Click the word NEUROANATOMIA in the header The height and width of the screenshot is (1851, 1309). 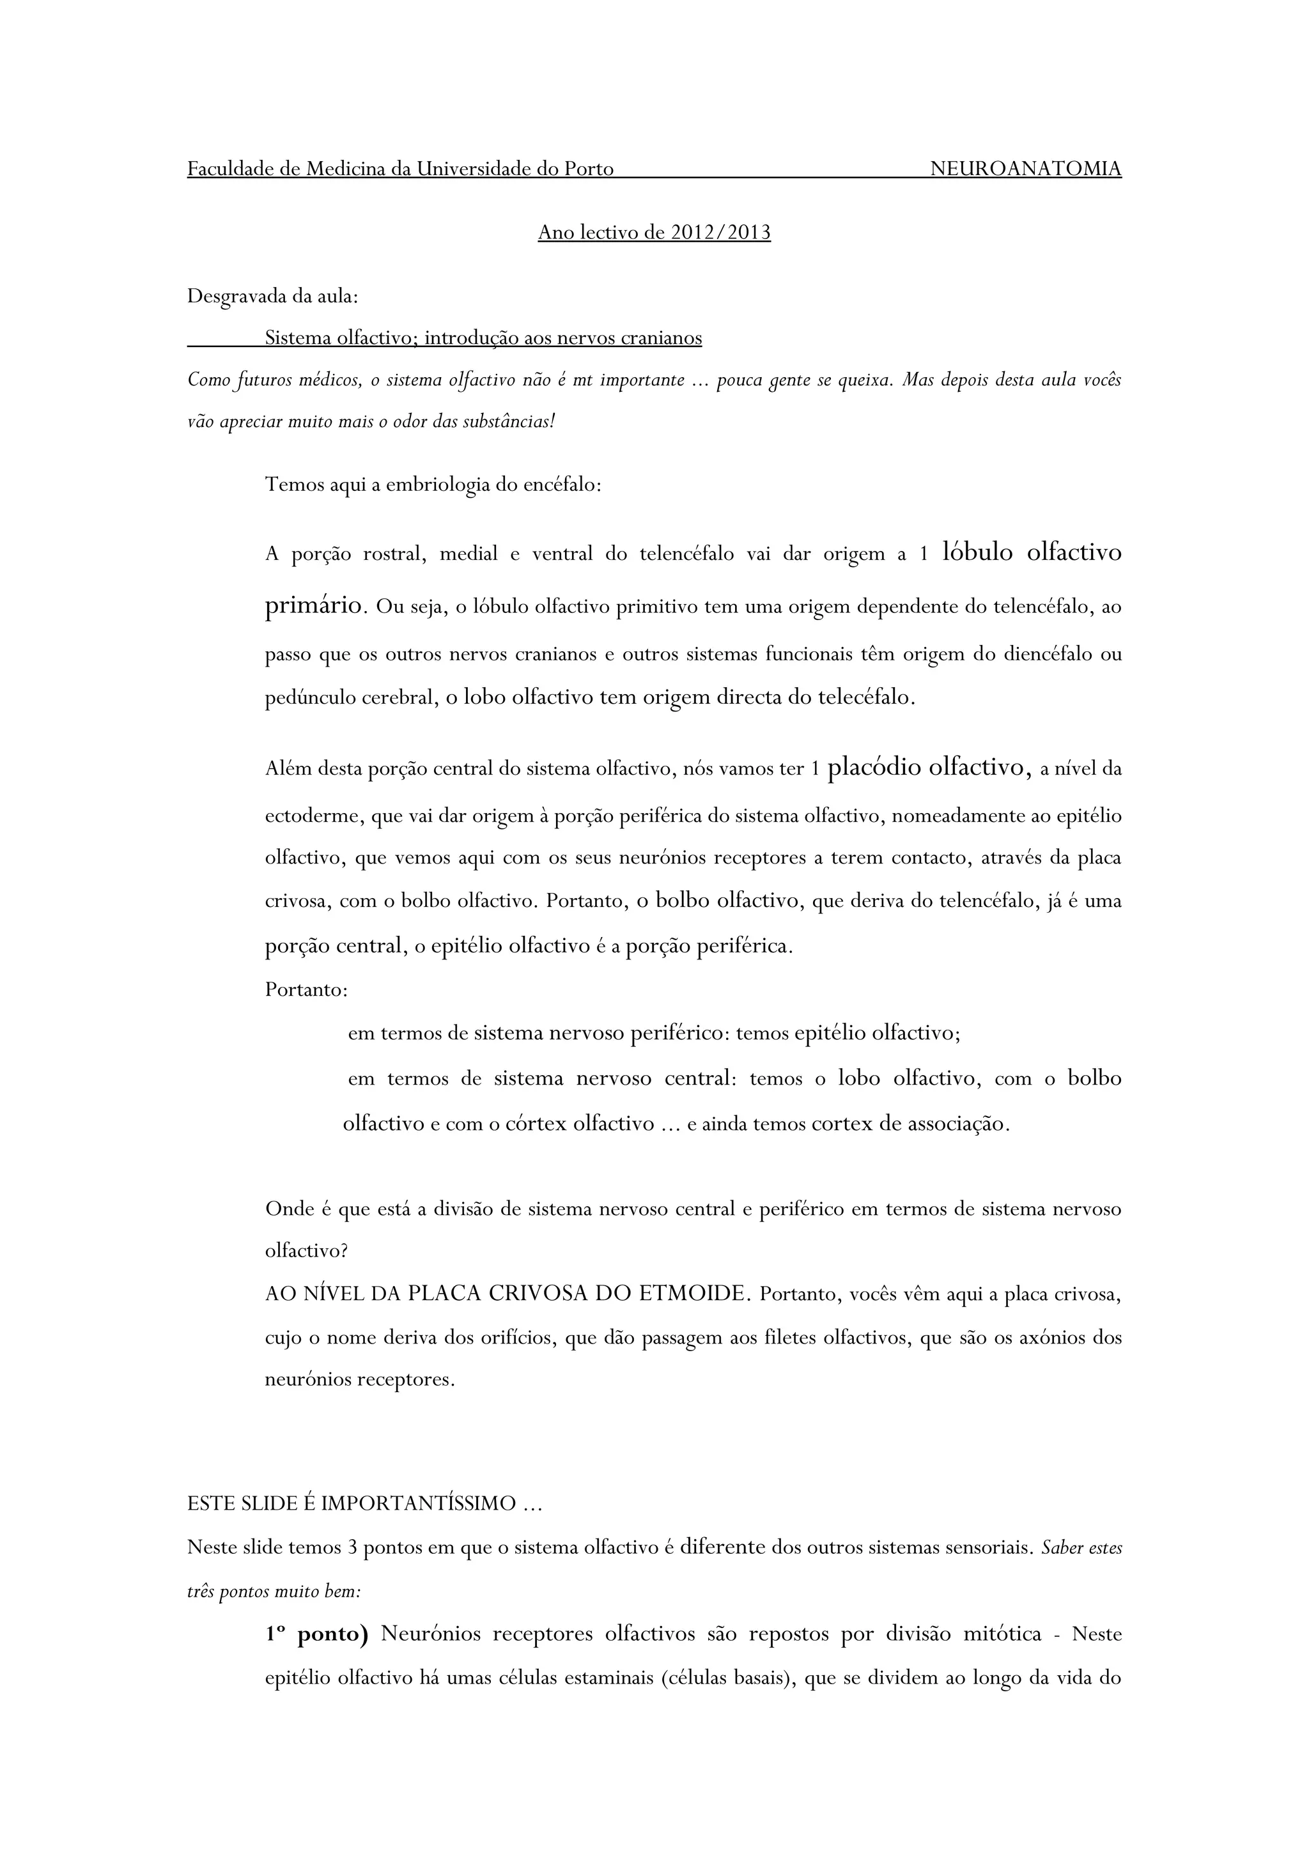tap(1025, 169)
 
